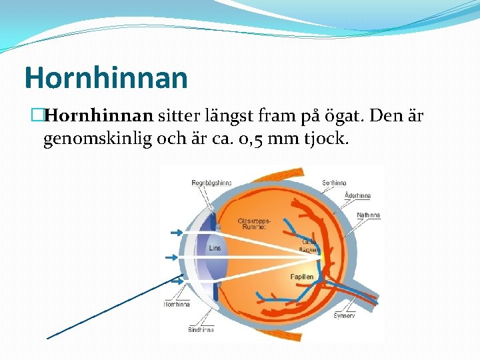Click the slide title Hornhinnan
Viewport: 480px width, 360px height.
point(105,78)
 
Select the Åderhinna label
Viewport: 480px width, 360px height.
point(357,196)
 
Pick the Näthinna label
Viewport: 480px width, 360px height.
point(368,215)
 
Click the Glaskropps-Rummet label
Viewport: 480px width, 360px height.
point(253,223)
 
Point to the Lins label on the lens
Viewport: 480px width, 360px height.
point(215,248)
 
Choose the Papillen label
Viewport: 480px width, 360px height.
point(301,276)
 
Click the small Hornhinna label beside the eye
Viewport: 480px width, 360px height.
point(177,304)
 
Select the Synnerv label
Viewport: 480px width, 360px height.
point(345,315)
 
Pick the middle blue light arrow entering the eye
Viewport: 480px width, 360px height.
point(171,256)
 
